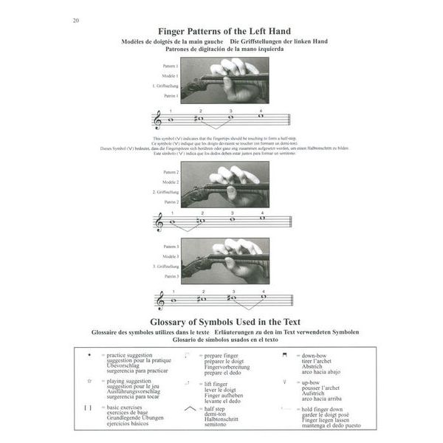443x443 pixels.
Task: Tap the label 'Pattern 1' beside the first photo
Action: [x=171, y=66]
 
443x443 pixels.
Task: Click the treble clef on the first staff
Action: [x=157, y=120]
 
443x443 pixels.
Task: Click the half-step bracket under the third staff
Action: [x=247, y=309]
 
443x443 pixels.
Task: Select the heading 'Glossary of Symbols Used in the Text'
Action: [x=221, y=323]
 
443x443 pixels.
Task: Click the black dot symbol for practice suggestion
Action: [x=89, y=354]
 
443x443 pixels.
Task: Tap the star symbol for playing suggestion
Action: [x=89, y=382]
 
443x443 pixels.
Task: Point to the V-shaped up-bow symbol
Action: [x=284, y=382]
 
